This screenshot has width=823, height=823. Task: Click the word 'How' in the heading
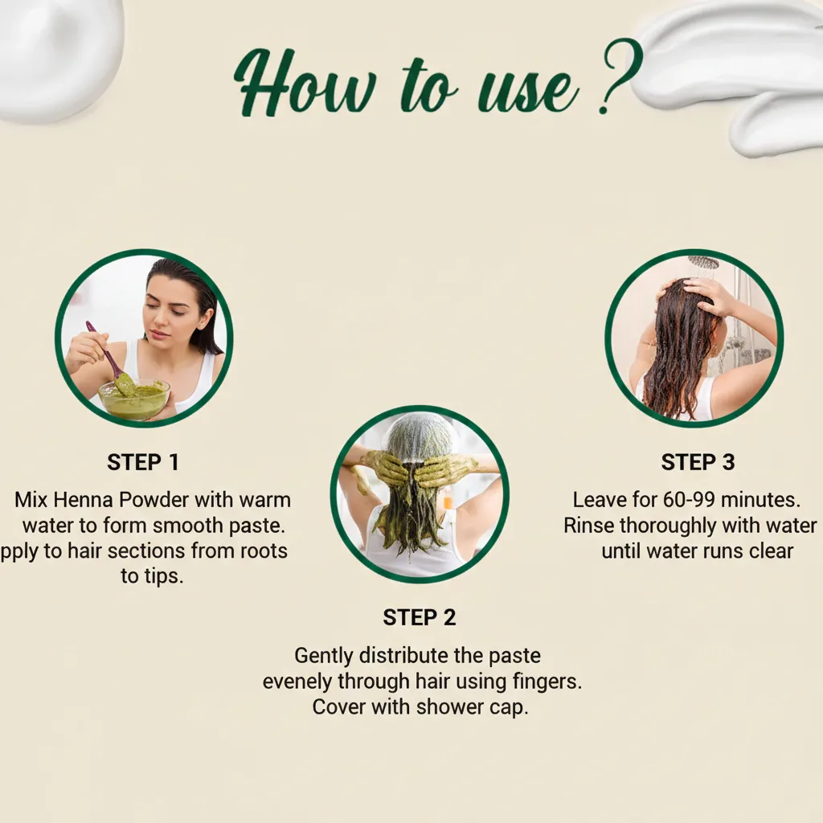click(x=305, y=84)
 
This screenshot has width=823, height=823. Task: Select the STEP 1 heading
click(x=143, y=462)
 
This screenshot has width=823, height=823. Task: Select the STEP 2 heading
click(x=419, y=618)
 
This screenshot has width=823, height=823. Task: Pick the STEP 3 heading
click(x=698, y=462)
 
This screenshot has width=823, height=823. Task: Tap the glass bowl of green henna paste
click(x=134, y=399)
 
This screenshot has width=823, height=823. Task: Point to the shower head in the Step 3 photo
click(x=702, y=262)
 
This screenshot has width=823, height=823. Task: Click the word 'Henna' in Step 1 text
click(x=84, y=500)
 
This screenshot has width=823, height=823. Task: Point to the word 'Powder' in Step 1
click(x=154, y=500)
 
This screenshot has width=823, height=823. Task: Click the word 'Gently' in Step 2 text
click(x=324, y=656)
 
